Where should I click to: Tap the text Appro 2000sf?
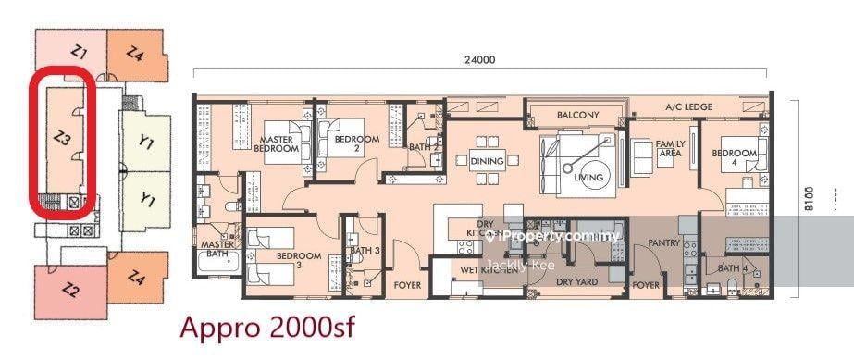(x=266, y=327)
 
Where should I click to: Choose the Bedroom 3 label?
(x=298, y=260)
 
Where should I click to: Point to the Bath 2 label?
(x=423, y=146)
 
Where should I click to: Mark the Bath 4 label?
(x=731, y=269)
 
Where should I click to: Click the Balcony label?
(x=578, y=115)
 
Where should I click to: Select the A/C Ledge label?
(x=689, y=107)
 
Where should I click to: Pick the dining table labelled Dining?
(x=487, y=161)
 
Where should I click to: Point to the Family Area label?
(x=670, y=148)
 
